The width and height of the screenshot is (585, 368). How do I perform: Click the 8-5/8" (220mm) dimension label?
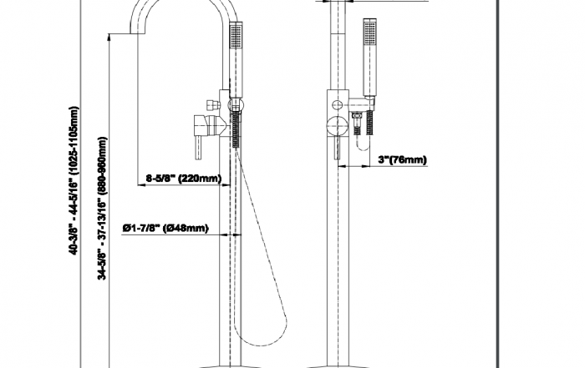click(x=183, y=179)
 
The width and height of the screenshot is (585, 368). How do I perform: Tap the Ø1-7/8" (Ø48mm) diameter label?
click(x=164, y=227)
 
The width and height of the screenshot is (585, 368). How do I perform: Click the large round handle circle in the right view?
click(x=336, y=126)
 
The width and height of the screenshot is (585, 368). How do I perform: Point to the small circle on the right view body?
click(x=338, y=105)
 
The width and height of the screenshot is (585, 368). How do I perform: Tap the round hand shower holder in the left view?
click(x=236, y=105)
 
